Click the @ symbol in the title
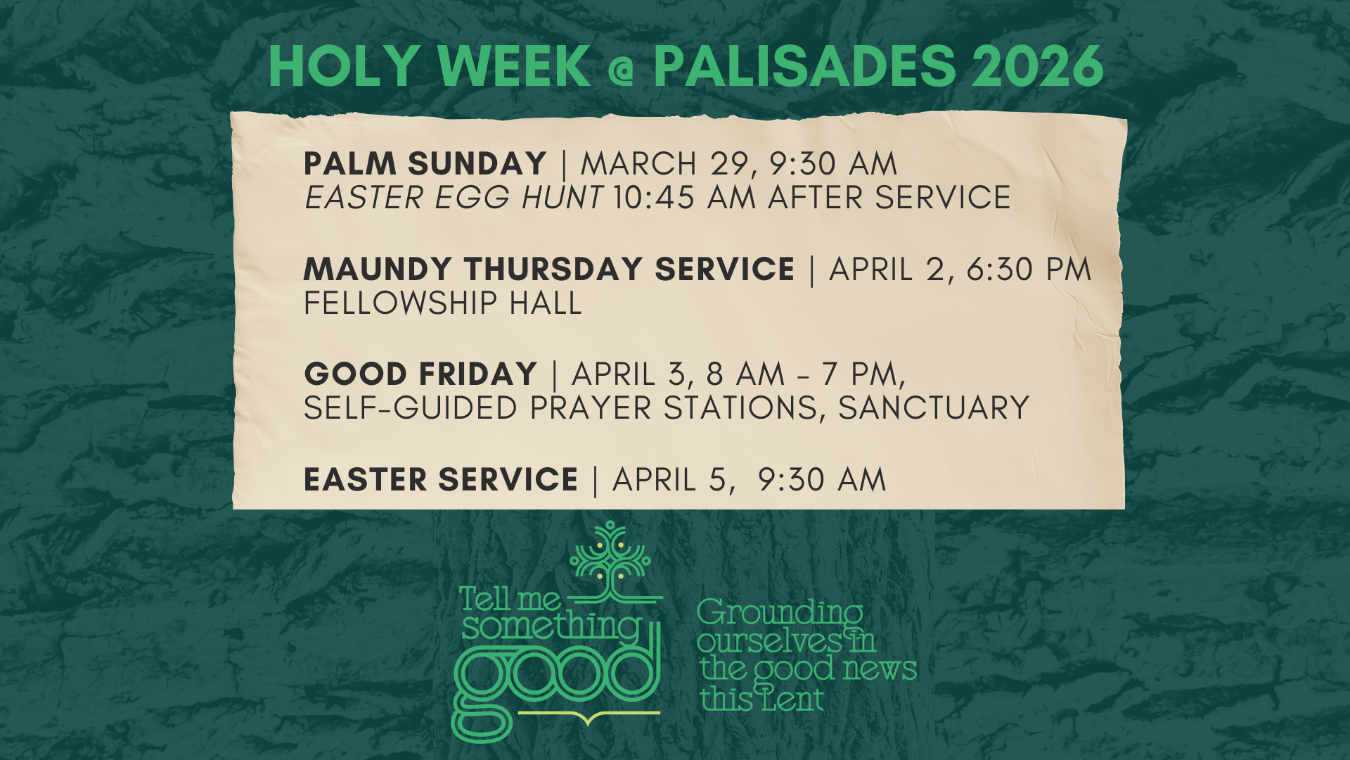tap(622, 69)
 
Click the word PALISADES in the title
tap(804, 66)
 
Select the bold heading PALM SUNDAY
tap(425, 164)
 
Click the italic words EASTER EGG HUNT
tap(454, 198)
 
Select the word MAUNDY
tap(378, 270)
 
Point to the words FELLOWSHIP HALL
tap(442, 303)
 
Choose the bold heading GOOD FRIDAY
tap(420, 374)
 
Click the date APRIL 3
tap(630, 374)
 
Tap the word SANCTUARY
tap(934, 408)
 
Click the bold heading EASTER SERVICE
tap(440, 480)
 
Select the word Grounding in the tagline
tap(779, 613)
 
